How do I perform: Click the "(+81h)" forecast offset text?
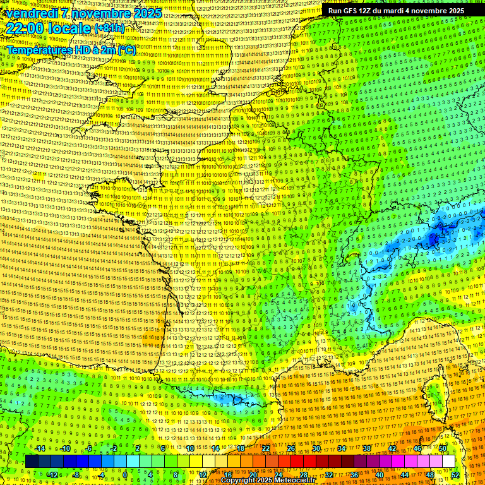tap(109, 28)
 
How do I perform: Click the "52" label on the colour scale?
tap(455, 474)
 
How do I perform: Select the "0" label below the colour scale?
tap(125, 474)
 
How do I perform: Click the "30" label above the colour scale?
tap(316, 448)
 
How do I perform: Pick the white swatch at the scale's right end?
tap(448, 462)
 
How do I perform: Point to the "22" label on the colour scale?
tap(266, 448)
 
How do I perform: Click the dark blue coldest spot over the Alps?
tap(434, 238)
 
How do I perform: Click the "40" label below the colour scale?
tap(380, 474)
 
